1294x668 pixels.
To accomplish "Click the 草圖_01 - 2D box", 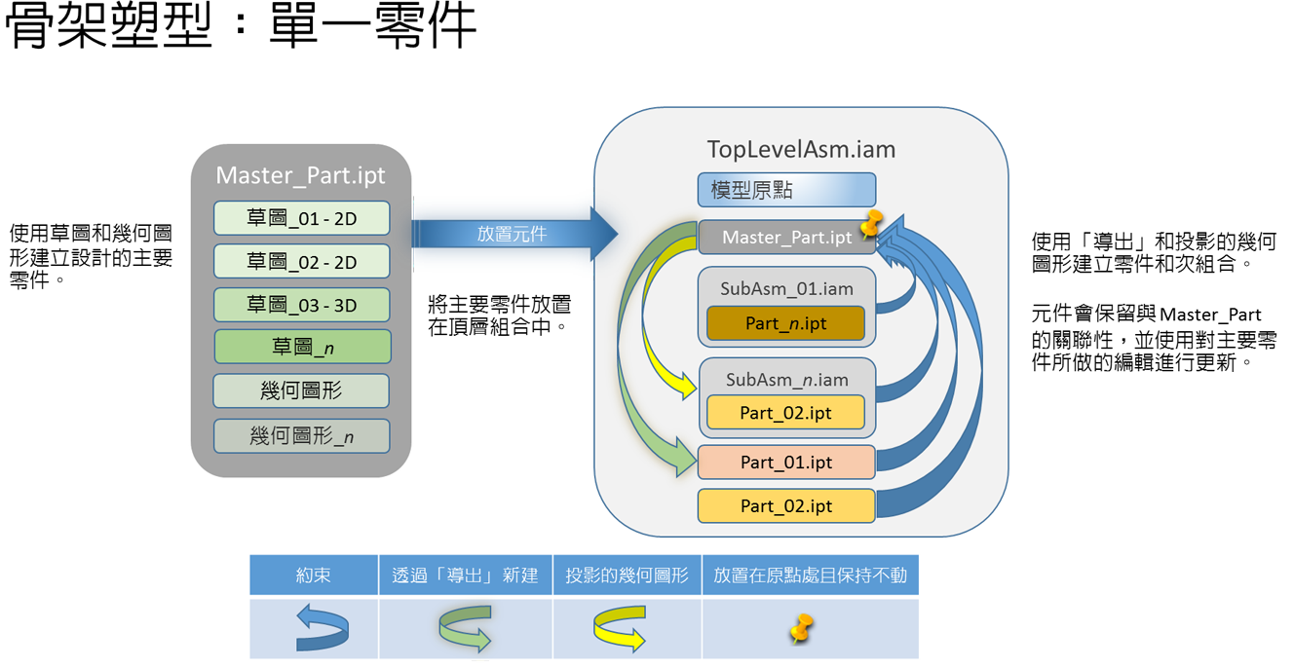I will pyautogui.click(x=302, y=219).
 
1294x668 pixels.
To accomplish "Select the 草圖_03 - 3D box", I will pyautogui.click(x=302, y=305).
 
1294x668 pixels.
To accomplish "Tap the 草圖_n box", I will pyautogui.click(x=302, y=348).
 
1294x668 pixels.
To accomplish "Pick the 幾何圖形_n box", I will pyautogui.click(x=302, y=436).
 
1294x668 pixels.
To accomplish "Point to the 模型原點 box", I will pyautogui.click(x=786, y=190).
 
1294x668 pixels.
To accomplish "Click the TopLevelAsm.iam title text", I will pyautogui.click(x=800, y=149).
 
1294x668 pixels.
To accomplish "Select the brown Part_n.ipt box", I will pyautogui.click(x=785, y=323).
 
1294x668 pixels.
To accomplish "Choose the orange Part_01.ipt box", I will pyautogui.click(x=785, y=463).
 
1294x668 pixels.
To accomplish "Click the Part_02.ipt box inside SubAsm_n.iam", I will pyautogui.click(x=785, y=413).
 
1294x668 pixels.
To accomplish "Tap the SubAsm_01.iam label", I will pyautogui.click(x=786, y=289).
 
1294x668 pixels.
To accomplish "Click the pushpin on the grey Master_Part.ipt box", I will pyautogui.click(x=870, y=226).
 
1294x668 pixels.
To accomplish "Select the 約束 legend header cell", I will pyautogui.click(x=314, y=575).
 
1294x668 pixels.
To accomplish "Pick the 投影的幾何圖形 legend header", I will pyautogui.click(x=627, y=575).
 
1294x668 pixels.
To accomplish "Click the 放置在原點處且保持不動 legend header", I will pyautogui.click(x=810, y=575).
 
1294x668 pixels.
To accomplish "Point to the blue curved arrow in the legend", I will pyautogui.click(x=323, y=628).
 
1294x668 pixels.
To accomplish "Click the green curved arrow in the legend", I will pyautogui.click(x=465, y=628).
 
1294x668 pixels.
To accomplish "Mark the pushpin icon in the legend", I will pyautogui.click(x=801, y=628).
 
